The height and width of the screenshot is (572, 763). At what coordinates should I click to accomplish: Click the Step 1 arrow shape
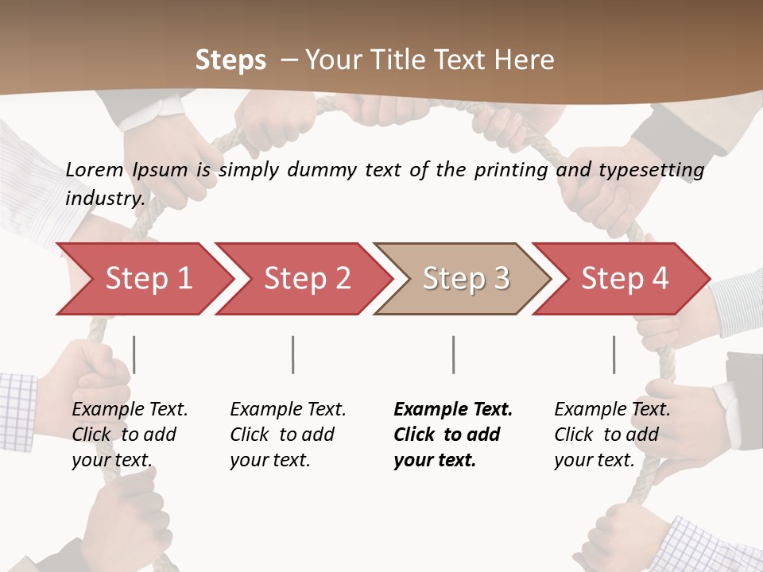(x=143, y=279)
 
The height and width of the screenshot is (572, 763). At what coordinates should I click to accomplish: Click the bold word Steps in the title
(x=230, y=60)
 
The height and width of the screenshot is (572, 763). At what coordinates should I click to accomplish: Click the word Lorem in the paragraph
(x=95, y=170)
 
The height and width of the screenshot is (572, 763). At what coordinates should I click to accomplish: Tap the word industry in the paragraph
(x=104, y=198)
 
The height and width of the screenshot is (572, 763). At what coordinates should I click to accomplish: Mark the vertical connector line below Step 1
(x=134, y=354)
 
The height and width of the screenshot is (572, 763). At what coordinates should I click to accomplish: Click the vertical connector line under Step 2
(x=293, y=354)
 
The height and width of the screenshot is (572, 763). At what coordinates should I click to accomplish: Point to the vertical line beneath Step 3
(x=453, y=354)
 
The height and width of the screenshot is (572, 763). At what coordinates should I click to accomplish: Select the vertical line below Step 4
(x=614, y=354)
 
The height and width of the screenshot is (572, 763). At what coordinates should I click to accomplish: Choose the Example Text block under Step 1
(x=130, y=435)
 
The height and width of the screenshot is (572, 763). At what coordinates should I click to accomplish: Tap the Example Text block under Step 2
(x=288, y=435)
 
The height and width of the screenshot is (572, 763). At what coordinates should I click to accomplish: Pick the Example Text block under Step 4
(x=612, y=435)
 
